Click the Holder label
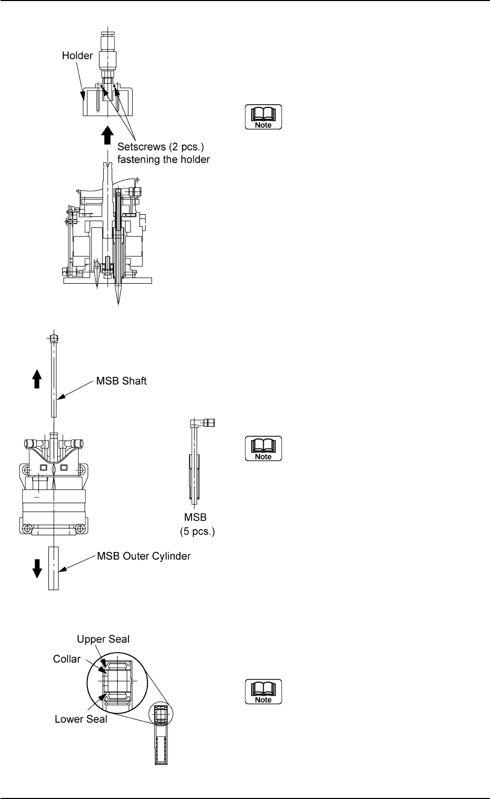(x=77, y=55)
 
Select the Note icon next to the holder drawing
(x=263, y=118)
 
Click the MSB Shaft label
(x=122, y=381)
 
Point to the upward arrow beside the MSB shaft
(x=36, y=378)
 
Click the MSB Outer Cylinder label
(x=144, y=556)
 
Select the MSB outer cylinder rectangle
(x=54, y=568)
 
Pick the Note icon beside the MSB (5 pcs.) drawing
(x=263, y=449)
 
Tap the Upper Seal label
(x=103, y=639)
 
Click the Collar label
(x=67, y=659)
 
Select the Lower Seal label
(x=81, y=718)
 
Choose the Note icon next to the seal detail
(x=263, y=692)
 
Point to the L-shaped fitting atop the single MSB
(x=202, y=423)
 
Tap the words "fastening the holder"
(x=163, y=159)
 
